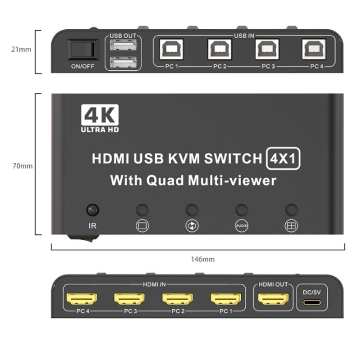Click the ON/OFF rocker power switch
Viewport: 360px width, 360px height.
click(83, 49)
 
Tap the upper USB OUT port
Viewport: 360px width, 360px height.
click(123, 45)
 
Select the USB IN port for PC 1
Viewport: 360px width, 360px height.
click(172, 49)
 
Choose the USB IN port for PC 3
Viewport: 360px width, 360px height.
click(267, 49)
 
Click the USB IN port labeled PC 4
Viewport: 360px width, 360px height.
click(314, 49)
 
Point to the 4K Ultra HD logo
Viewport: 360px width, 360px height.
click(100, 118)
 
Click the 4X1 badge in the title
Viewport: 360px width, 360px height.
click(283, 158)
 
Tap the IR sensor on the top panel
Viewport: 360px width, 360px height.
click(93, 210)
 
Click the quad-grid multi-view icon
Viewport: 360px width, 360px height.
click(291, 226)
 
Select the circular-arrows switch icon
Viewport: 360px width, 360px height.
click(192, 226)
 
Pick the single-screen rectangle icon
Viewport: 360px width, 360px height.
click(142, 226)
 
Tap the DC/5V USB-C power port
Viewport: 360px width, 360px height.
click(312, 302)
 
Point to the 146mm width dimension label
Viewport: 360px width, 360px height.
click(203, 260)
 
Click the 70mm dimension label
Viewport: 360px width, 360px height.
click(22, 166)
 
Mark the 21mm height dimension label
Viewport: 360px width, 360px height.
click(21, 49)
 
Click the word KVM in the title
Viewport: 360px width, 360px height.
click(184, 159)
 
